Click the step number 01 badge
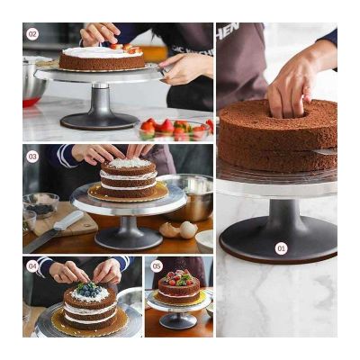281,248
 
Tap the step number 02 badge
32,34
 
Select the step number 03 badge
32,156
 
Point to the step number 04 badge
32,266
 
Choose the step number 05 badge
157,266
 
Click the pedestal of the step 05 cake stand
178,319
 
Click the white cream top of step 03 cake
127,165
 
